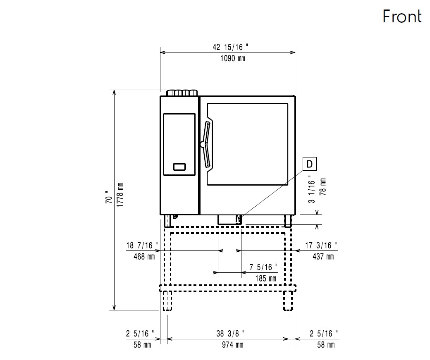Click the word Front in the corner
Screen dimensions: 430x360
402,16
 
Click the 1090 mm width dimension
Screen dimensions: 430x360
232,58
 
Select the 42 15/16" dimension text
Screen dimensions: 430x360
230,47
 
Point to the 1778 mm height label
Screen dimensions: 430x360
120,195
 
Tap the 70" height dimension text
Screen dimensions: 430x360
109,197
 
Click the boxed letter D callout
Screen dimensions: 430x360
309,164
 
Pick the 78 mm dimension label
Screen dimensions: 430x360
323,187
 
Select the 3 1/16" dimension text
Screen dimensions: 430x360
311,189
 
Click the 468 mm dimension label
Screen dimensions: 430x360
144,257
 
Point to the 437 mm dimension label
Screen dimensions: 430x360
323,257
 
